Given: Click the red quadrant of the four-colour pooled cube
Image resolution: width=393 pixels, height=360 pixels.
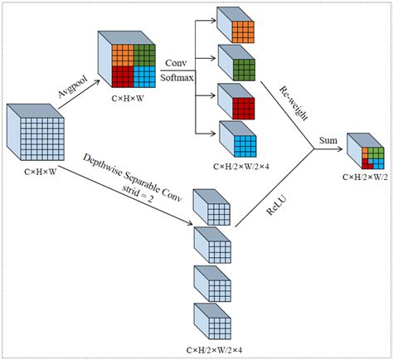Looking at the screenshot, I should [122, 76].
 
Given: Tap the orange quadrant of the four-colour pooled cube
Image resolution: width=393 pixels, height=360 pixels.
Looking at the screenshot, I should [122, 56].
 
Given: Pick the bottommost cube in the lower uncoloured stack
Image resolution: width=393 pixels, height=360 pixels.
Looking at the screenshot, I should [211, 321].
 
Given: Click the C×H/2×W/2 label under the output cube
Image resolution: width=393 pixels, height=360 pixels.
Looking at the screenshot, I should [366, 176].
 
